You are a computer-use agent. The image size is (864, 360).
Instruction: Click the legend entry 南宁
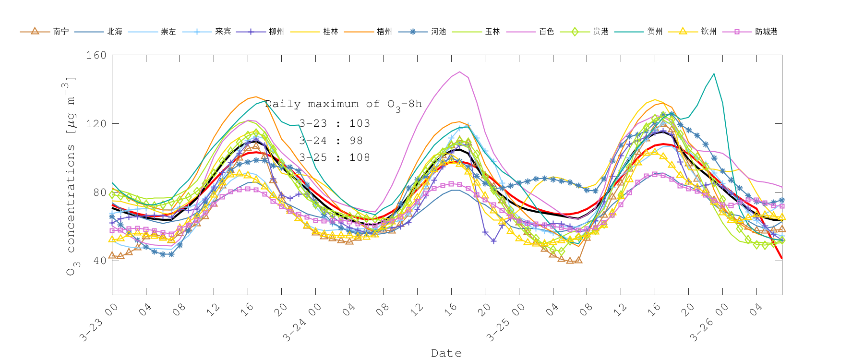coord(60,32)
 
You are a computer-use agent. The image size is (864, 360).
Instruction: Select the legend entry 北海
coord(114,32)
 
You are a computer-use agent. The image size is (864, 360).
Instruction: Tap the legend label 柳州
coord(276,32)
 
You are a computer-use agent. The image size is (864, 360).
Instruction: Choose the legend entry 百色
coord(546,32)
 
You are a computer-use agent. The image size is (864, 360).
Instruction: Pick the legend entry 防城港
coord(766,32)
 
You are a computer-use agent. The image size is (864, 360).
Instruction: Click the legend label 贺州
coord(655,32)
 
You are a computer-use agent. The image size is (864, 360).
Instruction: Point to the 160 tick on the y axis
coord(96,55)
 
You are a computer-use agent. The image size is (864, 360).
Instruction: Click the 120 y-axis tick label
coord(96,124)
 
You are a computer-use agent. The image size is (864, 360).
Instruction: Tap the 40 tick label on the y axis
coord(99,261)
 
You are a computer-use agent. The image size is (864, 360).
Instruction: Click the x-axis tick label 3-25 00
coord(506,323)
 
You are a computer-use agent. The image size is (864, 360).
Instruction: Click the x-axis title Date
coord(446,353)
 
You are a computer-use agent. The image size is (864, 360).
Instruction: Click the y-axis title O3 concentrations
coord(71,175)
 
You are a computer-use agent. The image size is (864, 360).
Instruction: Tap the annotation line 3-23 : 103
coord(335,123)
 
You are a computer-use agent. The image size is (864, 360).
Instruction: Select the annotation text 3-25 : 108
coord(335,157)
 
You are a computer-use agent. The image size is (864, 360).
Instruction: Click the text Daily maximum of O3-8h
coord(343,104)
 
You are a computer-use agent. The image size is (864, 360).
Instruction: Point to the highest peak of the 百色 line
coord(460,72)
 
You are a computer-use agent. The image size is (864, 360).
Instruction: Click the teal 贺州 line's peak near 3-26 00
coord(714,74)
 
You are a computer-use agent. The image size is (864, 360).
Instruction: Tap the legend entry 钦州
coord(708,32)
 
